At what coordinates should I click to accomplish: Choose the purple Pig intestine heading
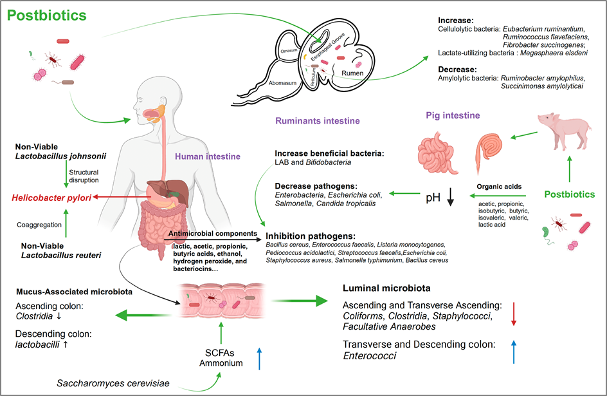pyautogui.click(x=453, y=115)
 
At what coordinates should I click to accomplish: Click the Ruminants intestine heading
pyautogui.click(x=317, y=120)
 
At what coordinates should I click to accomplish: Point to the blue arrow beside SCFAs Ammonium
pyautogui.click(x=259, y=357)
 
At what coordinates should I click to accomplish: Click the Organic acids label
pyautogui.click(x=498, y=187)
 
